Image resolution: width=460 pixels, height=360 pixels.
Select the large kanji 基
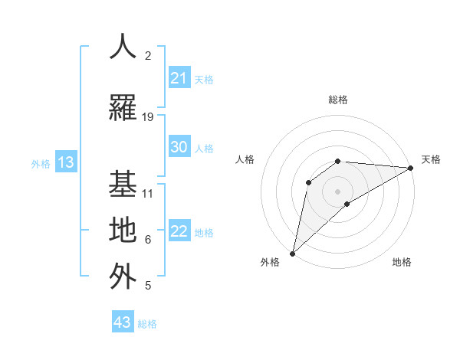(x=123, y=184)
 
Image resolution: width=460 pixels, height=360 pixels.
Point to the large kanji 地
(x=123, y=230)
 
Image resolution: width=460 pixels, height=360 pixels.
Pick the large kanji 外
(x=123, y=276)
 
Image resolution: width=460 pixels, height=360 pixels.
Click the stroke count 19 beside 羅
(x=148, y=117)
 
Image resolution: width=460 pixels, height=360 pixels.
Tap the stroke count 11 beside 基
(x=148, y=194)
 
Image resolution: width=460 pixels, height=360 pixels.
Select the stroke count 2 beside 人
(x=148, y=56)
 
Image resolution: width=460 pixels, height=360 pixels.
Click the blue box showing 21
(x=179, y=78)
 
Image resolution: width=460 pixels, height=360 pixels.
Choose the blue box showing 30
(x=179, y=147)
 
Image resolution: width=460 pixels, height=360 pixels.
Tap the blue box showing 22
(x=179, y=232)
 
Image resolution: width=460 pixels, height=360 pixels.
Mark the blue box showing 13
(x=65, y=162)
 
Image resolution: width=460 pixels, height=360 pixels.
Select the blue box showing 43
(x=122, y=322)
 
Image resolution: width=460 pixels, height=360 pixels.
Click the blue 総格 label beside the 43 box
(x=147, y=324)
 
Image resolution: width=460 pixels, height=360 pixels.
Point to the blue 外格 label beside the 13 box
(x=40, y=163)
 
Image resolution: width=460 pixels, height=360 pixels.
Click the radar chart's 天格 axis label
(x=432, y=159)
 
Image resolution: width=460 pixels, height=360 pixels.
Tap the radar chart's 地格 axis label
(x=402, y=262)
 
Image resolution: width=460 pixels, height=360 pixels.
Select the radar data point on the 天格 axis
(x=411, y=168)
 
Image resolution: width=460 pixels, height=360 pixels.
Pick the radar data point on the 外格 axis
(x=292, y=253)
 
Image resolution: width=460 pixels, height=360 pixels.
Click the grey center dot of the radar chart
(x=337, y=191)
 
